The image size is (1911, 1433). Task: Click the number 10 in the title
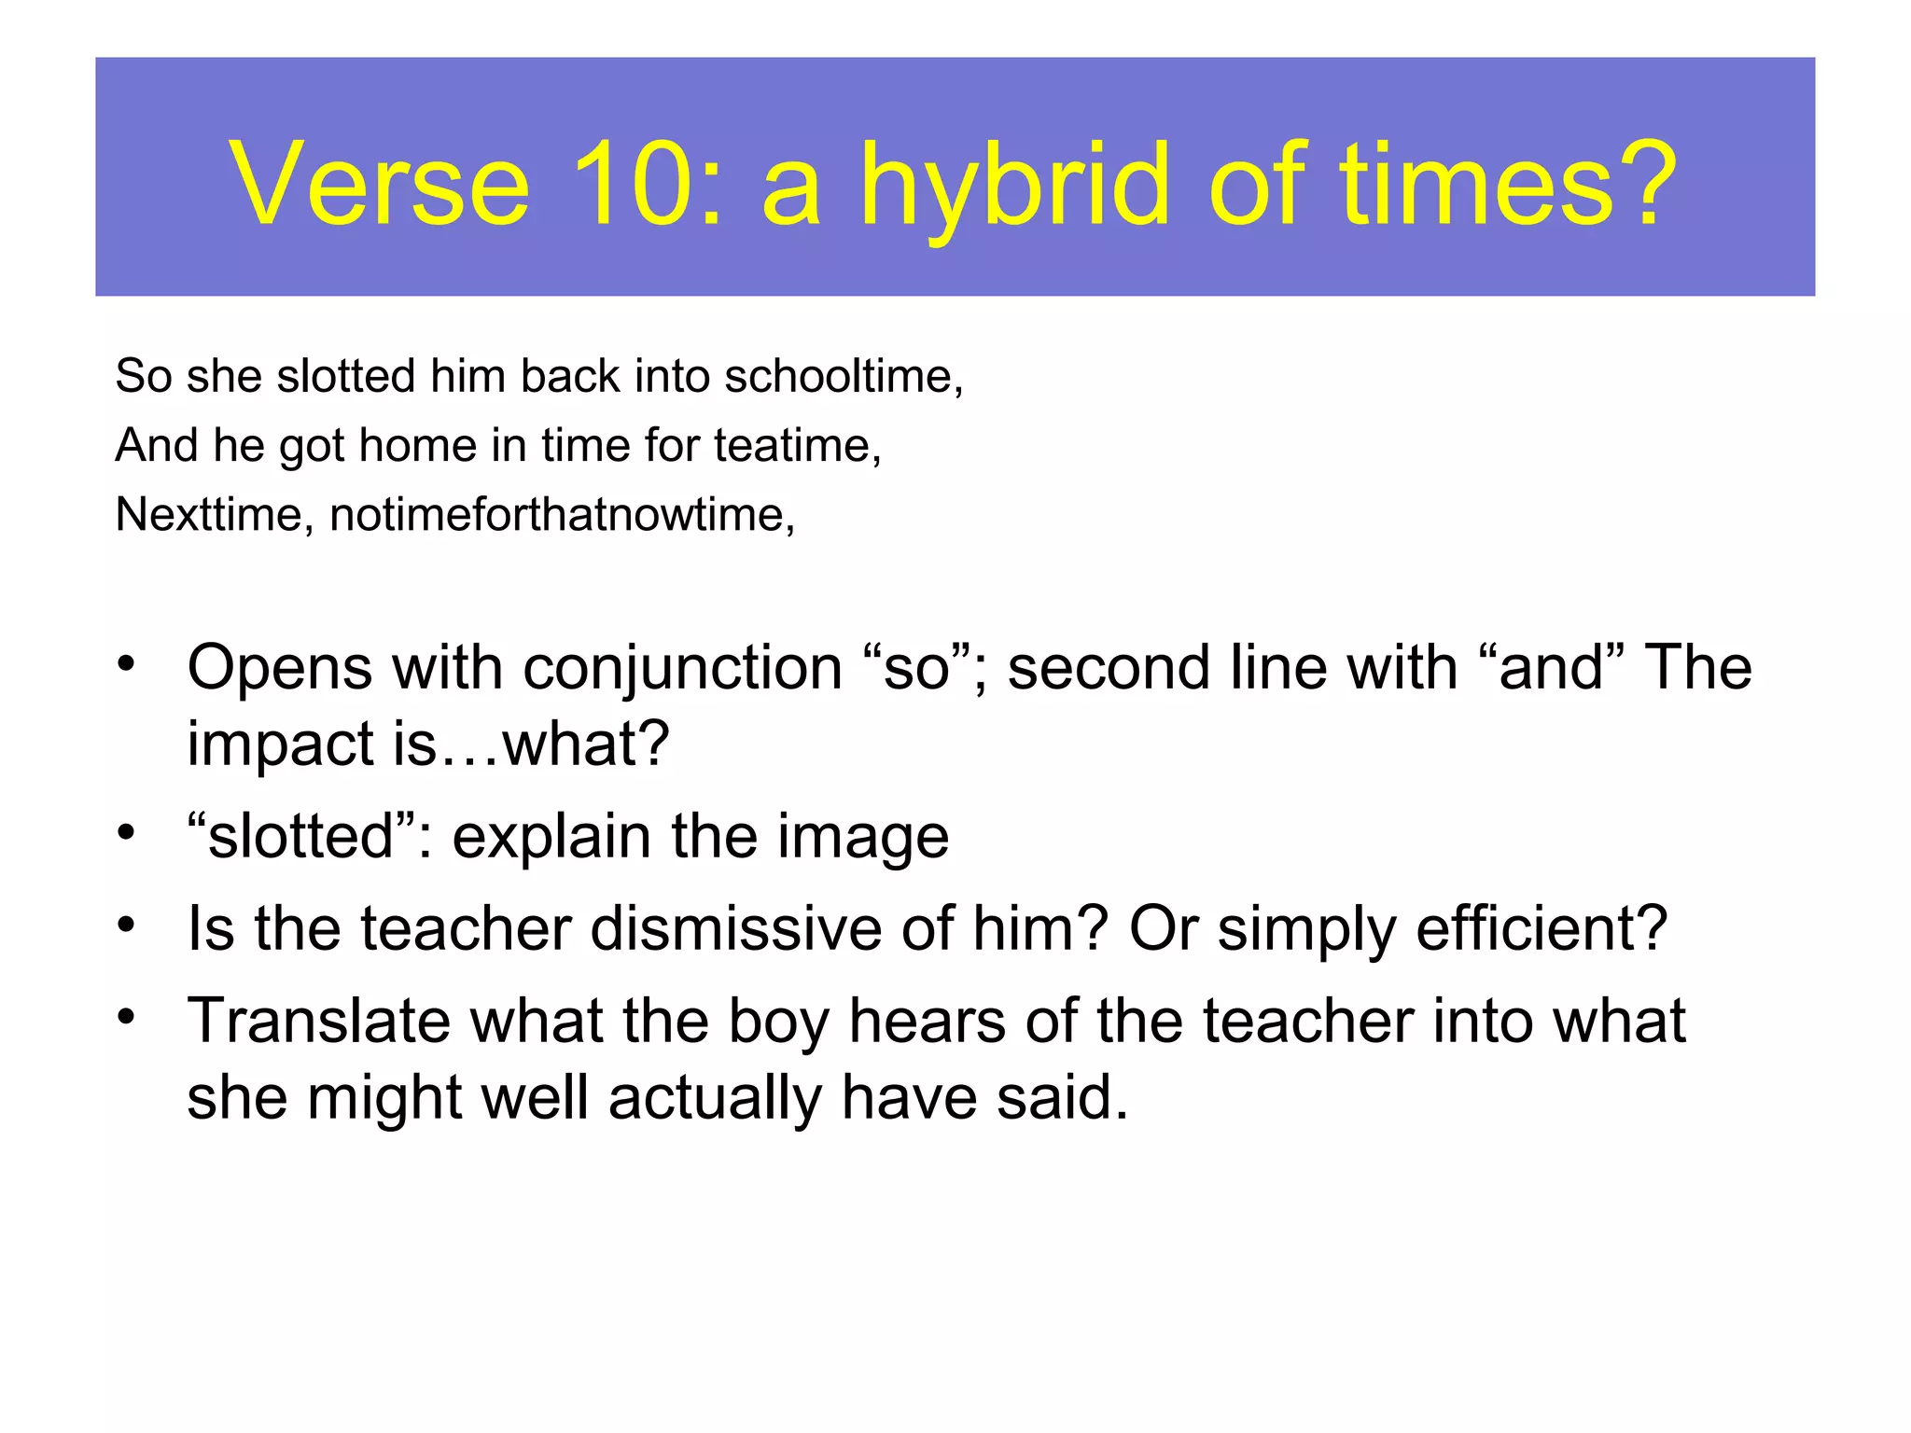(x=632, y=184)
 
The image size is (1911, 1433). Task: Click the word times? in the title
(x=1508, y=184)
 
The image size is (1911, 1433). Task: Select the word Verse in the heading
(x=379, y=184)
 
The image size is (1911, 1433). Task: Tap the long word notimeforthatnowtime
(x=561, y=514)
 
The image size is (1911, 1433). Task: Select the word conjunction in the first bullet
(x=683, y=668)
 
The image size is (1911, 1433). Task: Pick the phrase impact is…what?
(x=428, y=744)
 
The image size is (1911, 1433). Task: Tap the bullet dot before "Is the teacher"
(x=127, y=925)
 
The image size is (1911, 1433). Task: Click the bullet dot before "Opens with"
(x=127, y=665)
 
